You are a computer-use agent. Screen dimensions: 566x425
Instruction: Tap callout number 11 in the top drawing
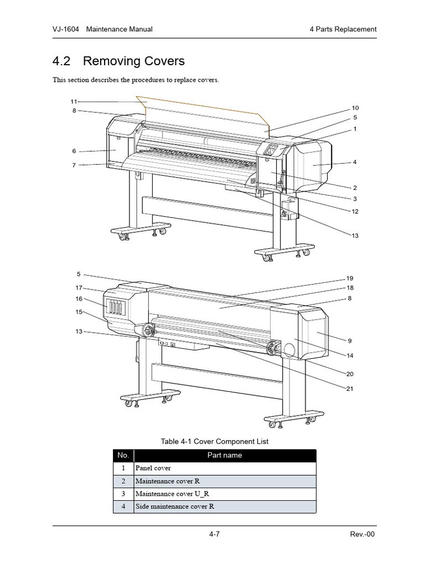74,101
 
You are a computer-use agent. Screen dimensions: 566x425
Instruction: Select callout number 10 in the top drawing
355,108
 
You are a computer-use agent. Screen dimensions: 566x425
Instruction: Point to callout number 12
355,211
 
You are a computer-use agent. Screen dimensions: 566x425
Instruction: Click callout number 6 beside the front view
74,151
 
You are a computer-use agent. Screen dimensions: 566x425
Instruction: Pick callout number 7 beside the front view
74,165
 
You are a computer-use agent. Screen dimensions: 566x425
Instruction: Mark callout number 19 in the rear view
350,278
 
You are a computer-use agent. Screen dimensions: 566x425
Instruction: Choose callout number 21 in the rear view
350,389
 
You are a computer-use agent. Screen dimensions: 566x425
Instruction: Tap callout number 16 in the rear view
79,299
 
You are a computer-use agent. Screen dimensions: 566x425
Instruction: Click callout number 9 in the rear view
350,340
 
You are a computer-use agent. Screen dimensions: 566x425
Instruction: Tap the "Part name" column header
225,455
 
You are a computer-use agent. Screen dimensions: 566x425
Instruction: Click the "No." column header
123,455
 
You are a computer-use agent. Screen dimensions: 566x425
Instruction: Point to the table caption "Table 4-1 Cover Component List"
214,441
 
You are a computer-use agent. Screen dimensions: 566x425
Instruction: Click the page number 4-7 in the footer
215,534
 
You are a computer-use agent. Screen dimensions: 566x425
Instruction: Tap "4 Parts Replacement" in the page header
343,29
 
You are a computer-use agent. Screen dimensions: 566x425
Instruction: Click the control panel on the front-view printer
272,150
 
